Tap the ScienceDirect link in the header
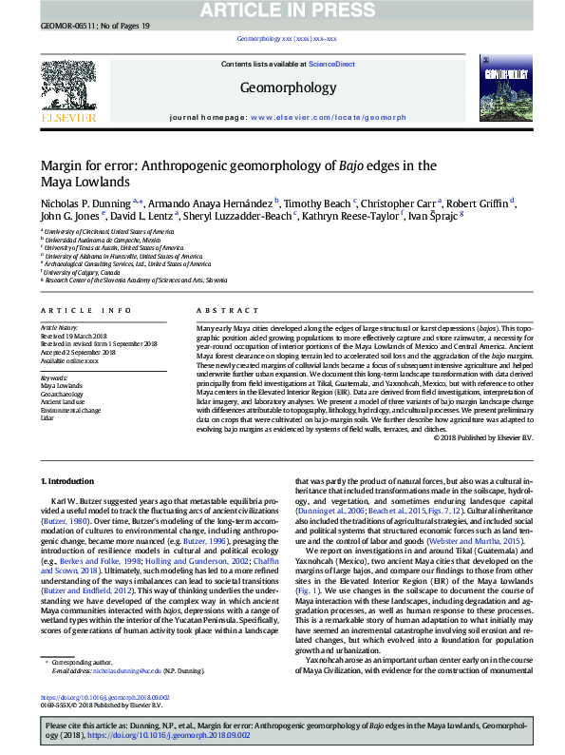(x=331, y=64)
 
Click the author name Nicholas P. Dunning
(x=85, y=203)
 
